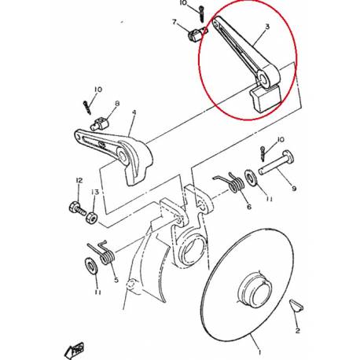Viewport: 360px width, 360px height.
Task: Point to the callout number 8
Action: [116, 104]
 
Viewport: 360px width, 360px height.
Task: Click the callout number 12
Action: [78, 181]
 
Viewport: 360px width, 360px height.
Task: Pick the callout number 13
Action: [94, 193]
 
